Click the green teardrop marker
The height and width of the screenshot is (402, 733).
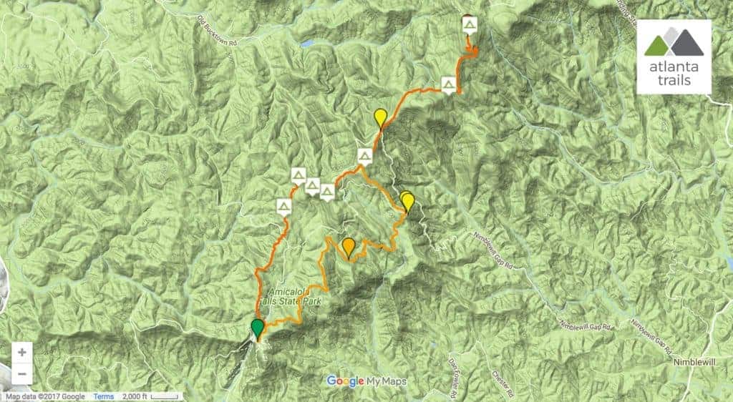click(x=257, y=329)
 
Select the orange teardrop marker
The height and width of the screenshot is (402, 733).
click(x=348, y=246)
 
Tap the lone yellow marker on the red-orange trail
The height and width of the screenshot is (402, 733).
click(x=381, y=117)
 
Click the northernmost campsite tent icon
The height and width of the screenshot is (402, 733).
click(x=469, y=26)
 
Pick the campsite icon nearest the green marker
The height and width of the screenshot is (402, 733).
click(x=283, y=207)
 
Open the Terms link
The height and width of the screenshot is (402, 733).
click(x=103, y=397)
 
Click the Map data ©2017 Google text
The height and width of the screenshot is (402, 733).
click(x=45, y=397)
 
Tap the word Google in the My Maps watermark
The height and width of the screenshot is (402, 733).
click(x=345, y=381)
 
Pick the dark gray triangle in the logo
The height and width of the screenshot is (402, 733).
click(x=688, y=43)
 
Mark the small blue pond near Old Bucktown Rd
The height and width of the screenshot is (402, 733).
click(x=307, y=43)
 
